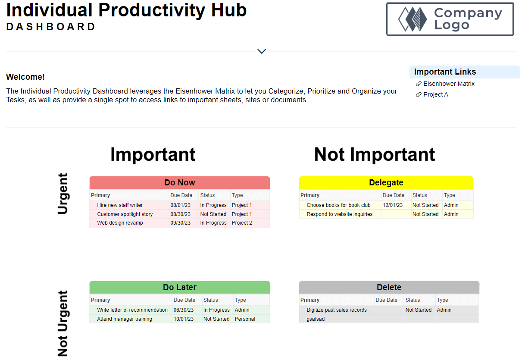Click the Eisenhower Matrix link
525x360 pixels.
click(x=449, y=84)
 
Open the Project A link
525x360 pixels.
click(x=435, y=94)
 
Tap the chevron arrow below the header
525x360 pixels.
click(x=262, y=51)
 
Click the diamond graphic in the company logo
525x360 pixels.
click(x=412, y=19)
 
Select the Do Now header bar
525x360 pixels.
click(x=180, y=182)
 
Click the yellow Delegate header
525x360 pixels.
click(x=386, y=182)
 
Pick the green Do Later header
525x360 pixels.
click(x=180, y=287)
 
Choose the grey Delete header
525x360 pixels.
click(x=389, y=287)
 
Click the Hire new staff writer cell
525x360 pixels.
click(x=120, y=205)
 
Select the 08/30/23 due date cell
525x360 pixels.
click(x=180, y=214)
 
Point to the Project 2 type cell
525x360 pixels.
click(x=242, y=222)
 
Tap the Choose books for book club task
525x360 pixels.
click(x=338, y=205)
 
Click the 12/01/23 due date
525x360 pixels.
click(x=393, y=205)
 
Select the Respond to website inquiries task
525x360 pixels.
click(x=339, y=214)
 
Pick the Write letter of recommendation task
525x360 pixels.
click(x=132, y=310)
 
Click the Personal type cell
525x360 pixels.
click(x=245, y=319)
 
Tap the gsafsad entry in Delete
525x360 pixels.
click(x=316, y=319)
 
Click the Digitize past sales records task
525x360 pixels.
click(x=337, y=310)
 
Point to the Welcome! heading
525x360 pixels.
click(x=25, y=77)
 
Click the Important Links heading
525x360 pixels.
click(x=445, y=72)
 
